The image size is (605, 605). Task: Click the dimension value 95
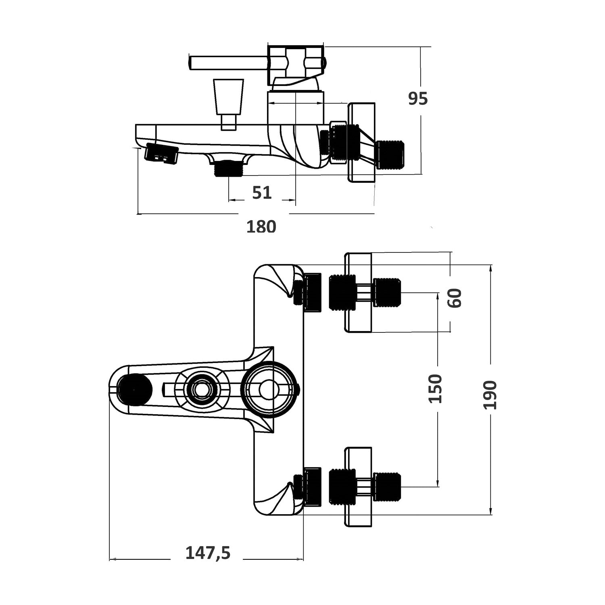(x=417, y=98)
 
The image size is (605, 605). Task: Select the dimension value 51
(x=262, y=193)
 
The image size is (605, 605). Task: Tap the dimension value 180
(x=261, y=226)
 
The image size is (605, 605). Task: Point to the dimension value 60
(x=455, y=298)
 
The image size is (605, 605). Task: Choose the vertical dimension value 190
(x=490, y=395)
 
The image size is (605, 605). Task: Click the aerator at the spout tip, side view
(x=161, y=154)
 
